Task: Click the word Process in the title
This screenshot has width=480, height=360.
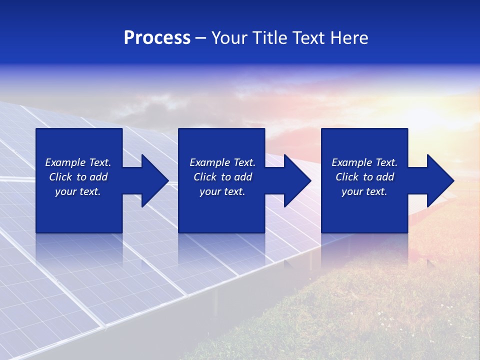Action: tap(157, 38)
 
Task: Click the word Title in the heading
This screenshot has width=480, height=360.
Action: tap(270, 38)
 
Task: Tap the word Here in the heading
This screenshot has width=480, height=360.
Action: tap(348, 38)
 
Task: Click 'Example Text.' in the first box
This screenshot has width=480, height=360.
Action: tap(78, 162)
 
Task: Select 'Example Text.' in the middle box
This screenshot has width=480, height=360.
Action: tap(222, 162)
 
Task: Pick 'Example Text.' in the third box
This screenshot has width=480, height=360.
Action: tap(364, 162)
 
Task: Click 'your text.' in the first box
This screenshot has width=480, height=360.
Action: tap(78, 191)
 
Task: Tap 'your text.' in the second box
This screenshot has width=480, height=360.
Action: tap(222, 191)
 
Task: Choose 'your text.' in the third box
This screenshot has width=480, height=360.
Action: tap(364, 191)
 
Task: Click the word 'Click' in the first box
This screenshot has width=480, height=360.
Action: tap(61, 177)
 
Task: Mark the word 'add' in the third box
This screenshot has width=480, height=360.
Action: tap(385, 177)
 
